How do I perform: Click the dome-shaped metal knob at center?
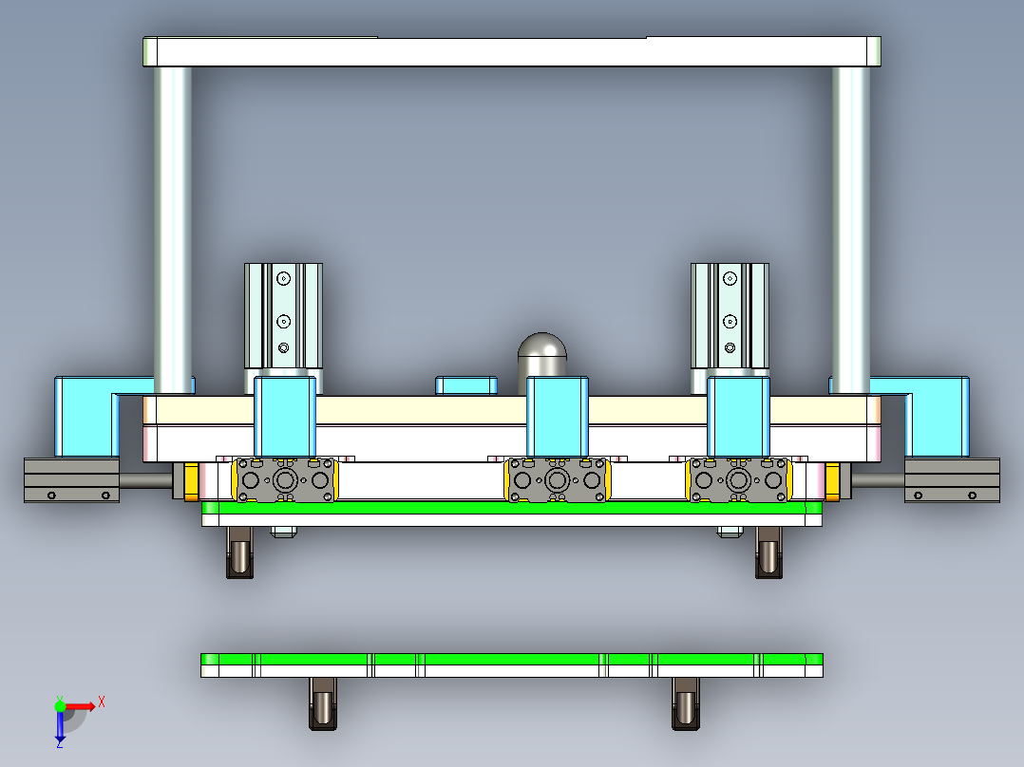542,354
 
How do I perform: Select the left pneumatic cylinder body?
283,315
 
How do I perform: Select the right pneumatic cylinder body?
729,315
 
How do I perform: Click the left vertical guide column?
173,228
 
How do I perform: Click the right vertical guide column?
850,228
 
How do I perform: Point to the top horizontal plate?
511,51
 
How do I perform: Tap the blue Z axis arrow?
60,728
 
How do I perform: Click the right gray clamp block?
952,480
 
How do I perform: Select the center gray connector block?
557,479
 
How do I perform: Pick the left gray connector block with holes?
285,479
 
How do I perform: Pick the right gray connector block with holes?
739,479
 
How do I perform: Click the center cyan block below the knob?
558,416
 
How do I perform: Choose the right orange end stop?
832,480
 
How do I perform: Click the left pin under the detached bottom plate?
323,704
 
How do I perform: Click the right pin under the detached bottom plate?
686,704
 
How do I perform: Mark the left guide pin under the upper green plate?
240,552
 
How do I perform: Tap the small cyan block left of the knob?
465,385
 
